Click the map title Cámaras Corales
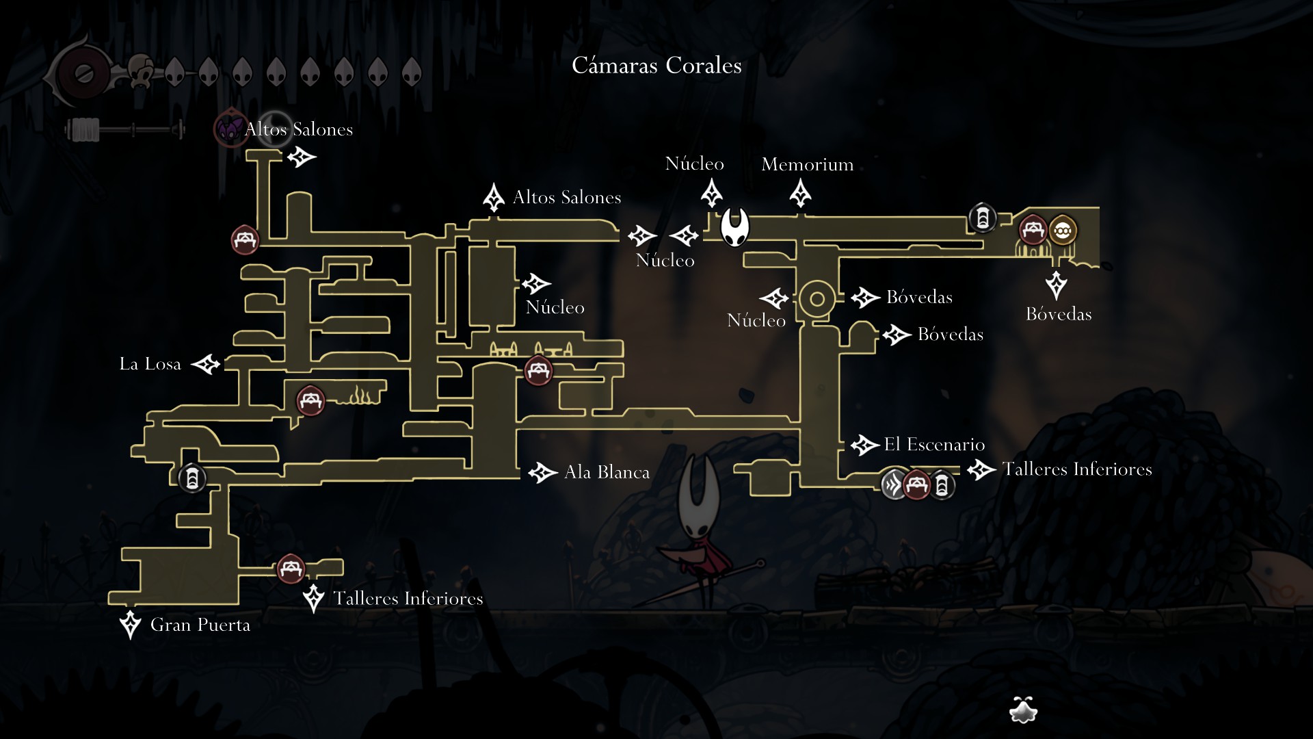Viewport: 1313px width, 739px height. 656,66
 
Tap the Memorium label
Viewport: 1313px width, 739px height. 808,164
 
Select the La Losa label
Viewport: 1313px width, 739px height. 150,363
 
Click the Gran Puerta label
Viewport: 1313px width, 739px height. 200,625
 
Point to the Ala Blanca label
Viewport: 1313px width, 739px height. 607,472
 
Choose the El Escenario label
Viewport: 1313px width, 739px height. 934,444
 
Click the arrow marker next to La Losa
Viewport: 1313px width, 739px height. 205,364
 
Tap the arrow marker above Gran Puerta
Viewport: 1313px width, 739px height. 130,625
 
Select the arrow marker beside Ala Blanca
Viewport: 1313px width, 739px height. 543,472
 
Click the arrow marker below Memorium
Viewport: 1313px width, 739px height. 800,194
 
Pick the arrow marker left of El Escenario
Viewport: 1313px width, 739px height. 864,445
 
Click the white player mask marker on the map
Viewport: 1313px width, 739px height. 735,227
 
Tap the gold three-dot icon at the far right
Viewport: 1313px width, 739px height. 1062,231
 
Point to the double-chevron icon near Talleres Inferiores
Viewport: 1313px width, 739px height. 893,484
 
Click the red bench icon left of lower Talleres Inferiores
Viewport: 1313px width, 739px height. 291,568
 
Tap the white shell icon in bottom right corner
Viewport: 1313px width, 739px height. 1024,710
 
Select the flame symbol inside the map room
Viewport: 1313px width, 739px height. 359,396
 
